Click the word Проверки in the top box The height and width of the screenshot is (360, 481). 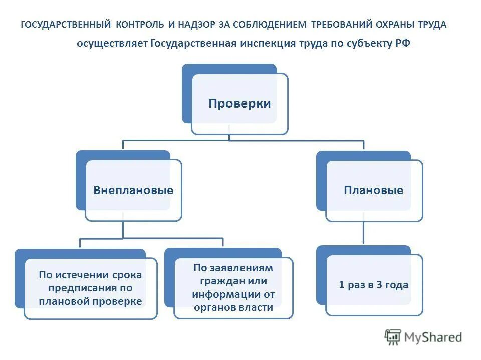tap(239, 104)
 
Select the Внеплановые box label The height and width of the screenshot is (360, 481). tap(133, 191)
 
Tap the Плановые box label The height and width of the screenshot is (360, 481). tap(373, 191)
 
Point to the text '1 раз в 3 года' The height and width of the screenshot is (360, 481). tap(373, 285)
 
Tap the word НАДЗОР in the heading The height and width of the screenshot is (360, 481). tap(196, 25)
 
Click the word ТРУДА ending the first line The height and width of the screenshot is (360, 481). tap(432, 25)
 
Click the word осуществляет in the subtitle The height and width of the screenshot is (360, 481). tap(112, 43)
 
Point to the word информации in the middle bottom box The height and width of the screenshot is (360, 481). tap(227, 294)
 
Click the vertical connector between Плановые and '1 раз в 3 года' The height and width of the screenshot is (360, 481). tap(364, 233)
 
